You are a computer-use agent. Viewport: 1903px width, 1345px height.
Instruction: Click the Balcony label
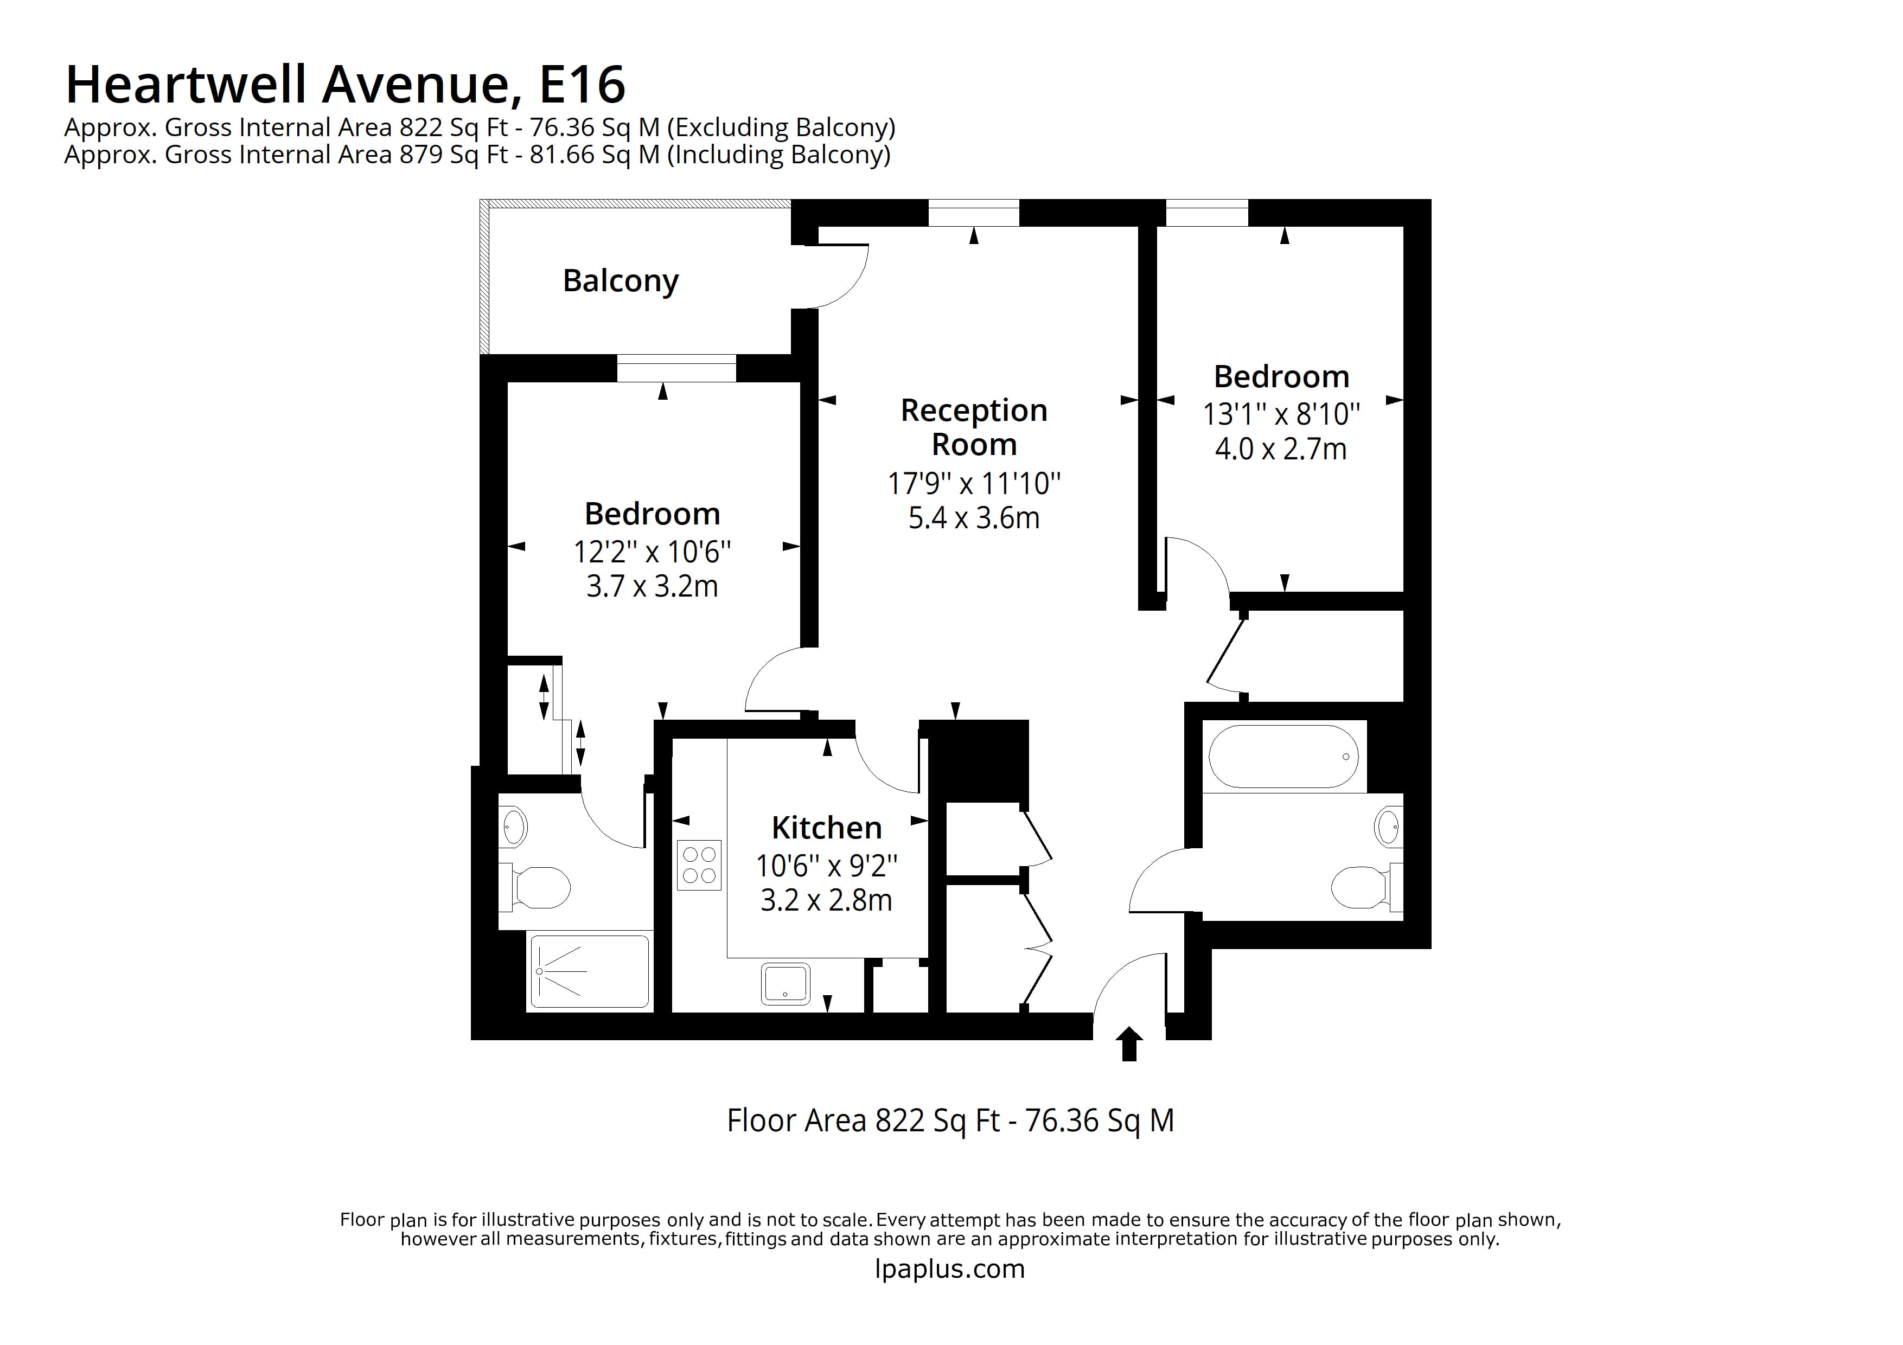tap(620, 281)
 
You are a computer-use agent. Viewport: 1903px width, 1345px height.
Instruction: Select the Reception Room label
tap(974, 427)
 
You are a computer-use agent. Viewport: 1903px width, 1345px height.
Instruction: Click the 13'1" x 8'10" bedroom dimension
tap(1281, 413)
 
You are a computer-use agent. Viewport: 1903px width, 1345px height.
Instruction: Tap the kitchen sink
tap(785, 984)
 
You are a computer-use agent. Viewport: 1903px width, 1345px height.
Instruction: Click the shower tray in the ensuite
tap(589, 972)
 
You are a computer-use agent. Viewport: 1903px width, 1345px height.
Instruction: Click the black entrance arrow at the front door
tap(1129, 1044)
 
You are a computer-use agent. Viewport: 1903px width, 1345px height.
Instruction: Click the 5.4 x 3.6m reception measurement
tap(974, 518)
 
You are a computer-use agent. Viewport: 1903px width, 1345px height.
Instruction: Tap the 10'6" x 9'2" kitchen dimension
tap(826, 866)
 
